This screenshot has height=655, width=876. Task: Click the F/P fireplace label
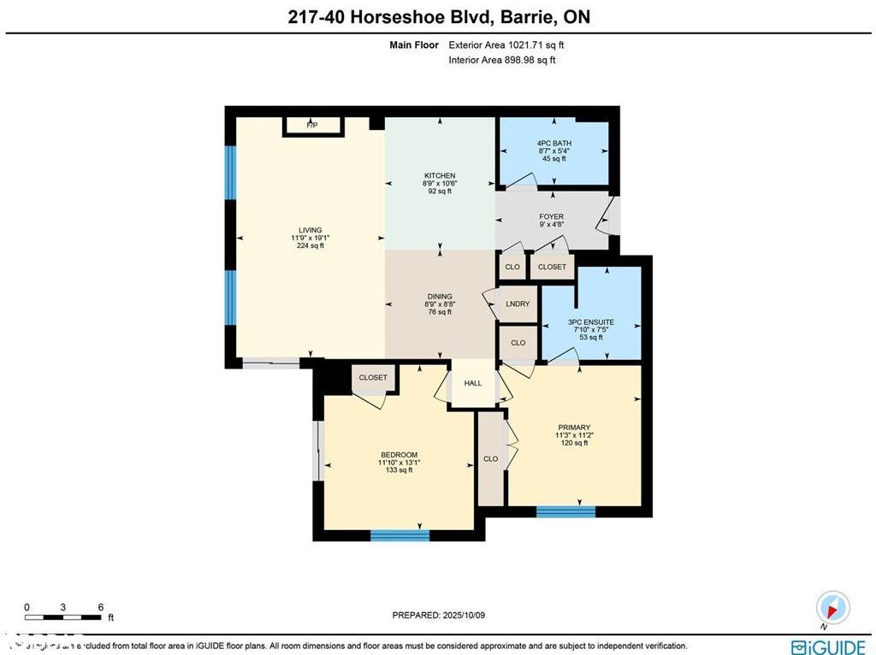coord(312,126)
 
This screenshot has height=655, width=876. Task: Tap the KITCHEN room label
coord(439,176)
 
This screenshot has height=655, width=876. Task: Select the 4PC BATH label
coord(553,143)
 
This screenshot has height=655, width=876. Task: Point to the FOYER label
coord(551,217)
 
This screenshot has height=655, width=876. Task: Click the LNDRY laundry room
coord(518,304)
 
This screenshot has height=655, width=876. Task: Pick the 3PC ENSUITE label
coord(590,322)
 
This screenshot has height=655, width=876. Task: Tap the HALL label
coord(473,383)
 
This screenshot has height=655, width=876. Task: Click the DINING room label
coord(439,297)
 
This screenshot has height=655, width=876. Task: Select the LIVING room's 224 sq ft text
coord(310,245)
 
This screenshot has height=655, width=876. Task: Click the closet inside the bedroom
coord(373,377)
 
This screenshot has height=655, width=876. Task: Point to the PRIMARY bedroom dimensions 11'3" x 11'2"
coord(574,435)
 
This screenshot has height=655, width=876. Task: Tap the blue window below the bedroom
coord(400,535)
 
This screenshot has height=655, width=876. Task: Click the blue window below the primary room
coord(565,511)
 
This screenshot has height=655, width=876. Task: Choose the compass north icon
coord(832,607)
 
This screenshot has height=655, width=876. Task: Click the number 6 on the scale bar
coord(101,607)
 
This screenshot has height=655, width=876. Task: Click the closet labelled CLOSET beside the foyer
coord(552,267)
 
